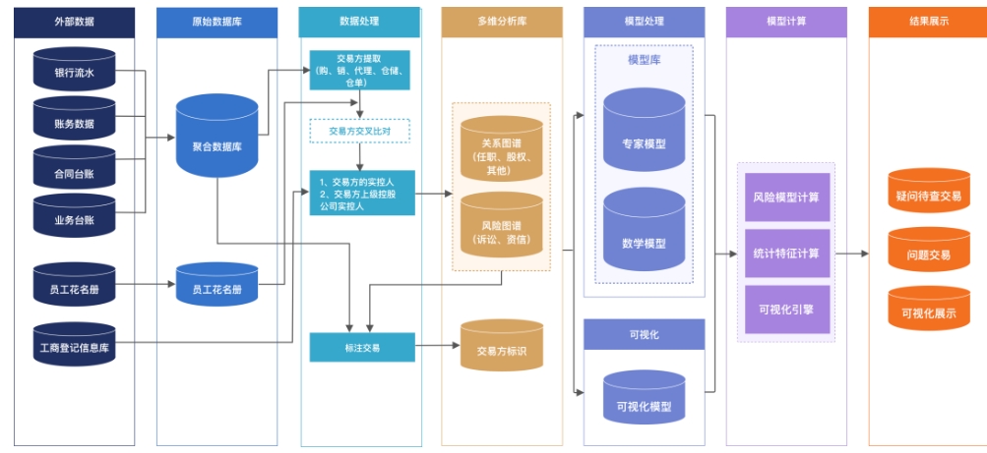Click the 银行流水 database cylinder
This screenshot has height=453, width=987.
pos(75,72)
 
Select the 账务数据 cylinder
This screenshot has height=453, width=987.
pos(75,123)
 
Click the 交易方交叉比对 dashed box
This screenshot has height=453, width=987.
pos(359,130)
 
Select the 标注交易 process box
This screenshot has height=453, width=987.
pos(362,347)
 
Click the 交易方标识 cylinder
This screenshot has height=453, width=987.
pos(501,349)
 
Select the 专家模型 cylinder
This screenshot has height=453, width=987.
pos(644,142)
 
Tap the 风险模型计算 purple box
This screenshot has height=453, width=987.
pos(786,197)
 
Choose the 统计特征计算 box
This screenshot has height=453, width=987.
pos(786,253)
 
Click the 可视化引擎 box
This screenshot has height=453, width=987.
pos(786,308)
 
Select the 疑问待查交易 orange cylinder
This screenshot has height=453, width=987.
pos(928,196)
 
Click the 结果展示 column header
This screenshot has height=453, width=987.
pos(928,21)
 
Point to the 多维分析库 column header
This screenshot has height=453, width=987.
pos(501,21)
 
